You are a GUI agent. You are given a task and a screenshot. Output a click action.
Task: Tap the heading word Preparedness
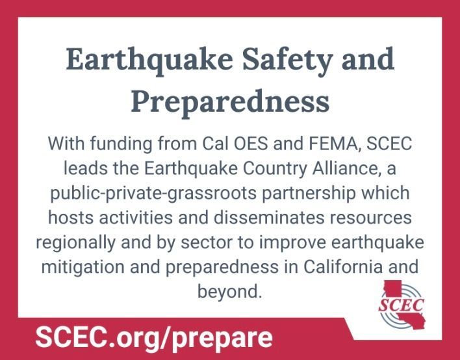tap(230, 102)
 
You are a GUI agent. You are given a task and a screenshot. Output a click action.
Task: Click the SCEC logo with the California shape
tap(402, 305)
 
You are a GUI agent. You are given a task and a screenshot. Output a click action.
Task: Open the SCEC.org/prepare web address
tap(154, 339)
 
